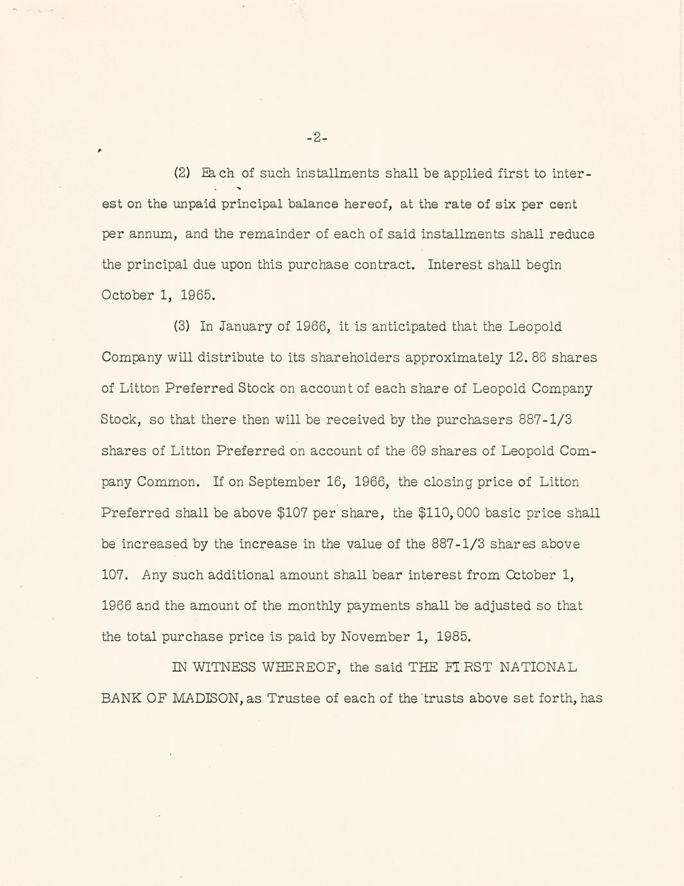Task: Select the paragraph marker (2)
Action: tap(182, 173)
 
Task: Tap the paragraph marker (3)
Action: tap(182, 326)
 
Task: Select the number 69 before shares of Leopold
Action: tap(418, 451)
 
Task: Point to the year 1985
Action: tap(453, 637)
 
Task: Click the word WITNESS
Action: tap(224, 668)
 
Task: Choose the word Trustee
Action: tap(294, 699)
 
